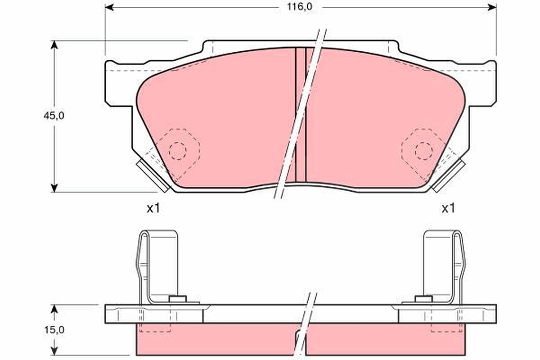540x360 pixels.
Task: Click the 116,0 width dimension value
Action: (x=299, y=7)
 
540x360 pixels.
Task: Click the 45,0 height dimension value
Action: (x=54, y=116)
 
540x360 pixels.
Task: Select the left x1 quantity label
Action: (x=153, y=208)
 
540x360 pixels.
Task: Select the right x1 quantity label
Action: (x=448, y=208)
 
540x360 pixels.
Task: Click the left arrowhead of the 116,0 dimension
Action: (x=109, y=7)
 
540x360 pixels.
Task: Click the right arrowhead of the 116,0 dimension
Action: (x=492, y=7)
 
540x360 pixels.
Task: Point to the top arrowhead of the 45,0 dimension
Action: (x=54, y=45)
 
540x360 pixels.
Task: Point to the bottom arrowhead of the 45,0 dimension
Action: (x=54, y=188)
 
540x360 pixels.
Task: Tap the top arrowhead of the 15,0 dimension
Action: (x=54, y=309)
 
